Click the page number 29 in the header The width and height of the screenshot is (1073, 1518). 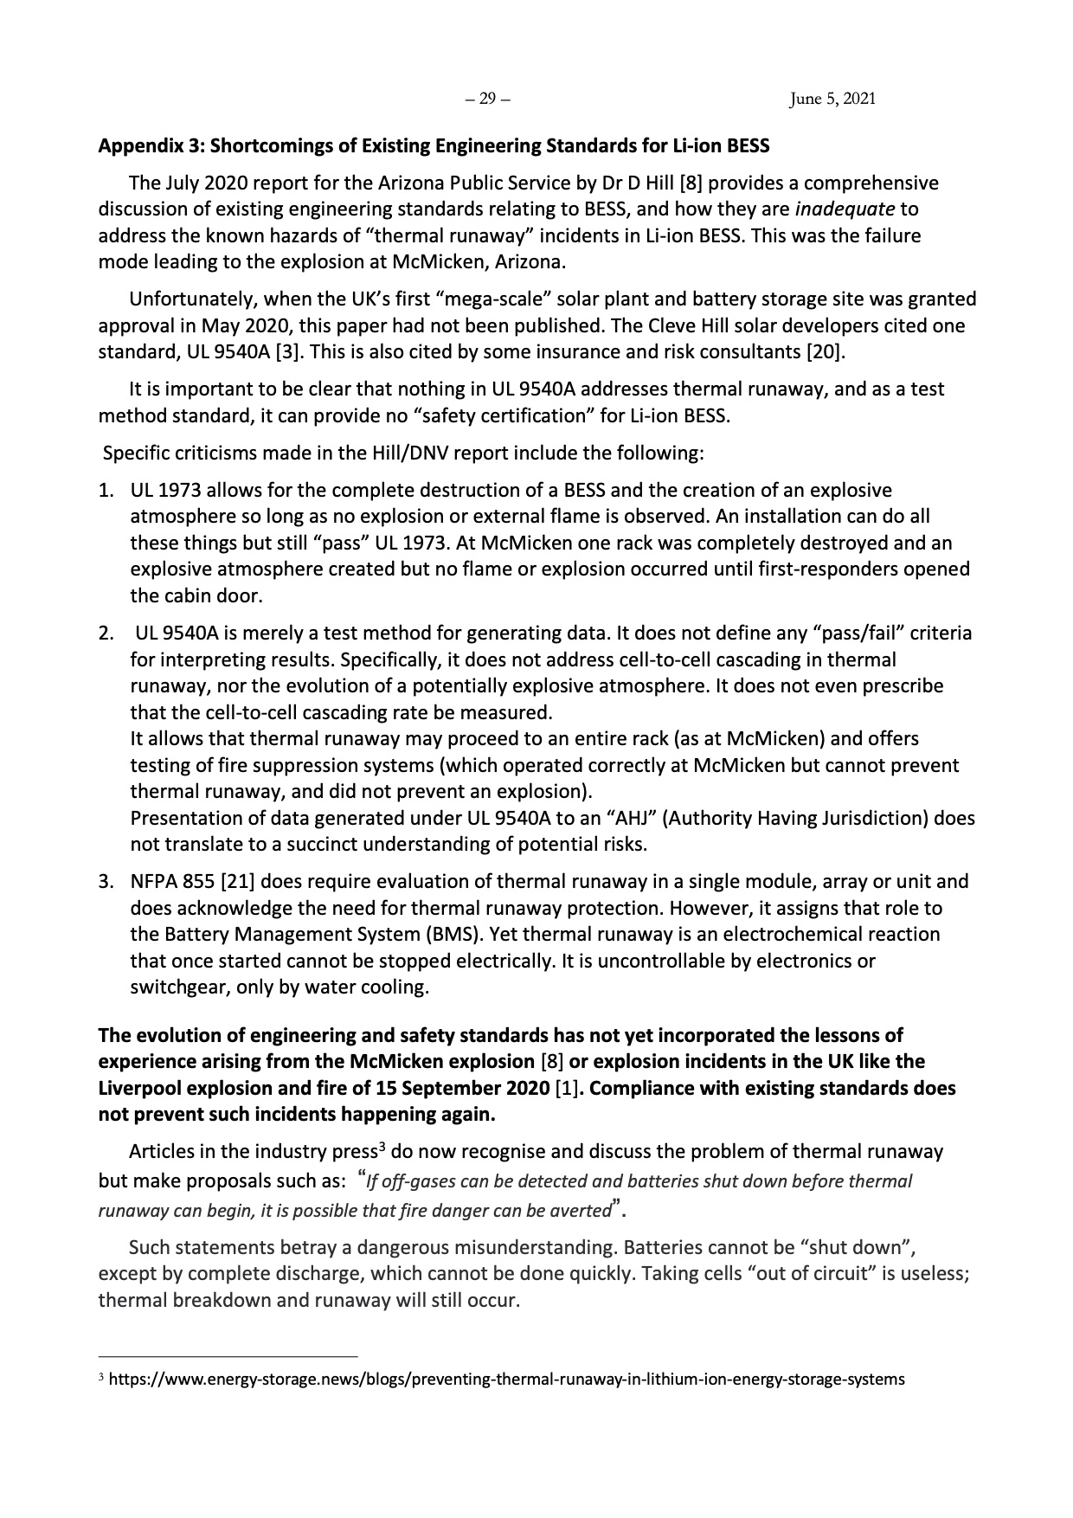pyautogui.click(x=488, y=99)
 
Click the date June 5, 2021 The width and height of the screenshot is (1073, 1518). pyautogui.click(x=832, y=99)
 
